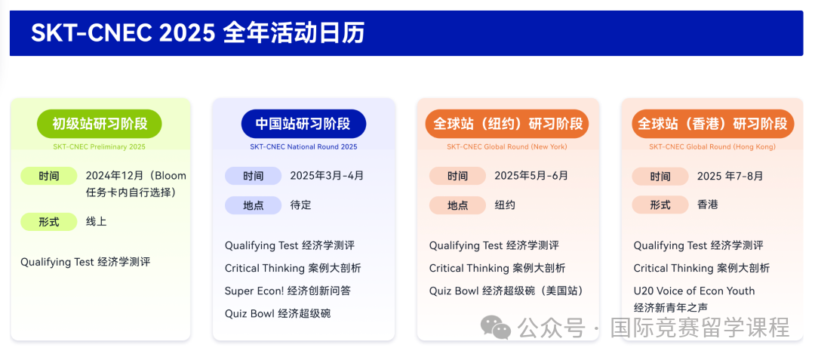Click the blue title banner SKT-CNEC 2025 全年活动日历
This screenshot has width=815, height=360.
[406, 33]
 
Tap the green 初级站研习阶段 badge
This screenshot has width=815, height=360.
[100, 124]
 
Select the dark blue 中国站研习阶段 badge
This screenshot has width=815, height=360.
[303, 124]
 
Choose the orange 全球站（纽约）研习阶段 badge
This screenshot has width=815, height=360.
[507, 124]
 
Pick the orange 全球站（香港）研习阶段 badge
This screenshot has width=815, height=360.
[712, 124]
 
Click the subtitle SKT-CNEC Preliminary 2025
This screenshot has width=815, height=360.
[100, 147]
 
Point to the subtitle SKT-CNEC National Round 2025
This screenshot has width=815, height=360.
[303, 147]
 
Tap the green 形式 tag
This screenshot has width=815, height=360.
[49, 222]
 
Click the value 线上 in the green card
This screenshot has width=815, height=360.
[96, 222]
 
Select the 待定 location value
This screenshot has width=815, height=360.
[300, 205]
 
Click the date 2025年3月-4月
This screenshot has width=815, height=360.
[327, 176]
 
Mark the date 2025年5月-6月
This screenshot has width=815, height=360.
[531, 176]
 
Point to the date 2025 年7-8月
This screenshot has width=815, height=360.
[730, 176]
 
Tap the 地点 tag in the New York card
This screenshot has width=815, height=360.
[457, 205]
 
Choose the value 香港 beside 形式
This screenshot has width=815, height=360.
[707, 205]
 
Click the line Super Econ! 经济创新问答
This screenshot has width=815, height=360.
[288, 291]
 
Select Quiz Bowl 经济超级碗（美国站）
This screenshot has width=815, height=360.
[506, 291]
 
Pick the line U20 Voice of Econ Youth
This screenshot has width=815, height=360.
[694, 291]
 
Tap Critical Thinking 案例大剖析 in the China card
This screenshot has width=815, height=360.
[293, 268]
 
